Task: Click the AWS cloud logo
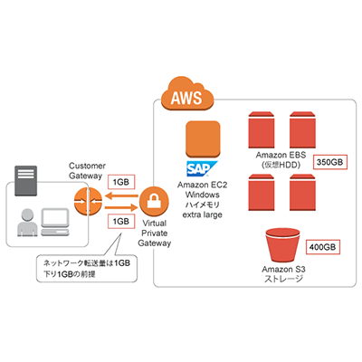183,94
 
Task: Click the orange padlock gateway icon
156,202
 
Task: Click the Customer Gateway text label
89,172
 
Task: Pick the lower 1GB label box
120,221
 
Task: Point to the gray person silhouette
28,223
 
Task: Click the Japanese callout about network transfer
79,267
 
